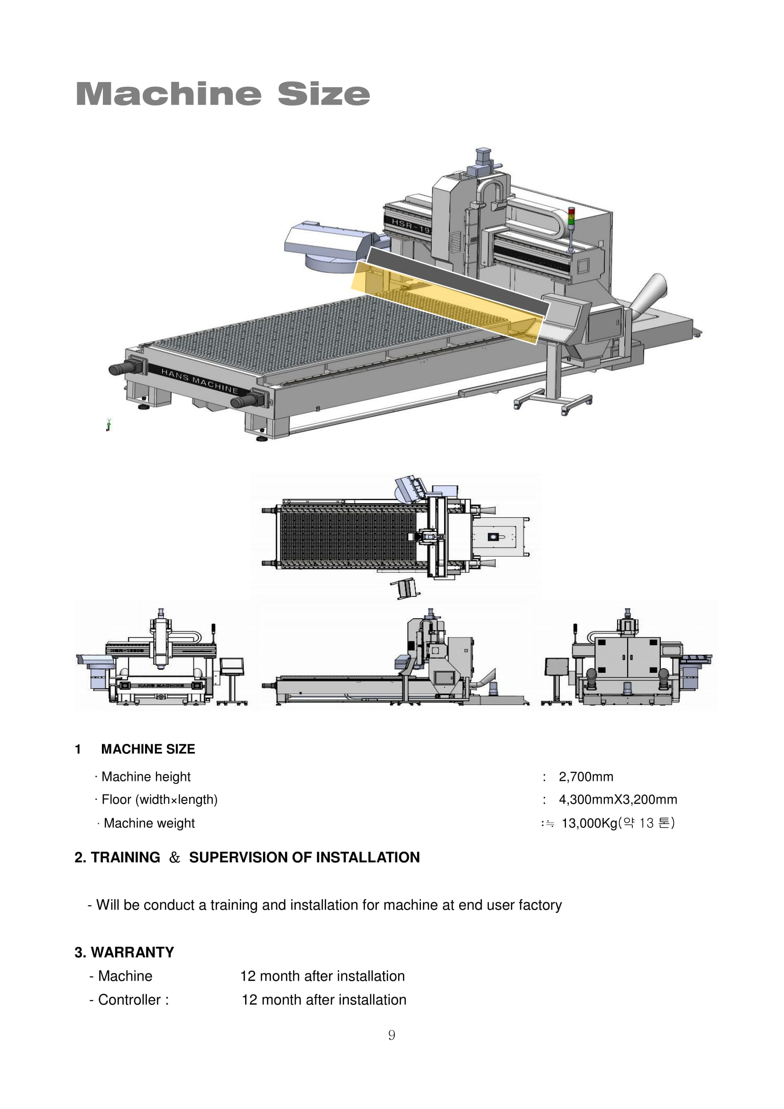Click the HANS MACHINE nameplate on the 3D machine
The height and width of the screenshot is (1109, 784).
click(200, 381)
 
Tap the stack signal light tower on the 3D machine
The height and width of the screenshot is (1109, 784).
click(571, 227)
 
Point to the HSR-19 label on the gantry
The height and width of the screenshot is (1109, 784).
click(410, 226)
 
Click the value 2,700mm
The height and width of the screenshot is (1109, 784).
click(585, 777)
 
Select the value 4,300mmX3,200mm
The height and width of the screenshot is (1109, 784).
click(618, 799)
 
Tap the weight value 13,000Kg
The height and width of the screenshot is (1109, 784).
click(589, 823)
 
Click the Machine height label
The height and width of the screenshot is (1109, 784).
click(146, 777)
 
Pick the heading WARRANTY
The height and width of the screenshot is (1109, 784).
click(132, 952)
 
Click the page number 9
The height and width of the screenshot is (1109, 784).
click(392, 1035)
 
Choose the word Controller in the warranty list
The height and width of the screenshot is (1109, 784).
click(129, 999)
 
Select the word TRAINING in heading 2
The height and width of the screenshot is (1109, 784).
click(126, 857)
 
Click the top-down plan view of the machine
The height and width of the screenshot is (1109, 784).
click(395, 536)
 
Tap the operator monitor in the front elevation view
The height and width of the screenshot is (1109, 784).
click(232, 667)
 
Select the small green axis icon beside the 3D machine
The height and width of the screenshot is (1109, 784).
click(109, 425)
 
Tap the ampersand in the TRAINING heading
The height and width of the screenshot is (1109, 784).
click(174, 857)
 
